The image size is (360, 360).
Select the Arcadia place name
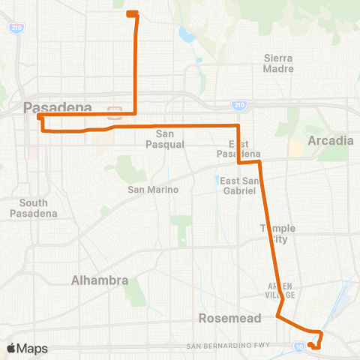[x=330, y=140]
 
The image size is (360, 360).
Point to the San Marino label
[x=153, y=190]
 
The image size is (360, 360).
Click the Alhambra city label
[x=99, y=280]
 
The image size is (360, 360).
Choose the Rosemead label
[x=229, y=318]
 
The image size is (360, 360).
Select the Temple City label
[x=277, y=233]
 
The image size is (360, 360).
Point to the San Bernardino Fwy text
[x=232, y=346]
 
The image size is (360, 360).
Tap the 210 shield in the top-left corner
[x=16, y=28]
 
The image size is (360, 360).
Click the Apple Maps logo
[x=27, y=348]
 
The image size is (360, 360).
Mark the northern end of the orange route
[x=130, y=13]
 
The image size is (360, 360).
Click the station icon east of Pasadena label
[x=115, y=112]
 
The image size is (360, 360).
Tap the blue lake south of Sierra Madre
[x=184, y=34]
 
